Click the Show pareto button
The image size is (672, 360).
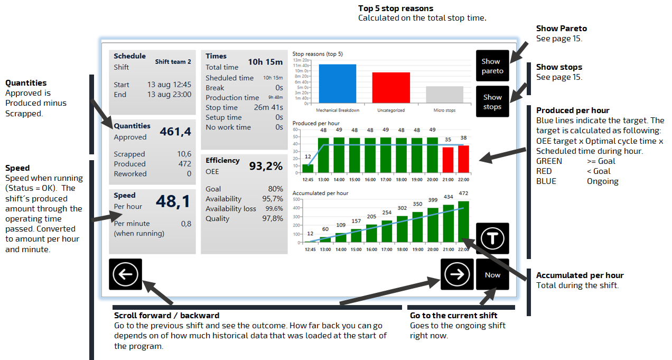(x=492, y=66)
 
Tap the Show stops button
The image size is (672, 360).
(x=492, y=101)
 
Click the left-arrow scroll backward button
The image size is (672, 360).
(x=125, y=274)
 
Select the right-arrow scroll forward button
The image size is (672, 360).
(x=456, y=274)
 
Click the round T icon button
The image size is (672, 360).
(x=492, y=238)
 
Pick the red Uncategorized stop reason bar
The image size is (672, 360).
(x=391, y=88)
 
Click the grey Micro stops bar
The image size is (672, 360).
(x=445, y=95)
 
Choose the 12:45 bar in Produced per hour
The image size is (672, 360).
(x=307, y=169)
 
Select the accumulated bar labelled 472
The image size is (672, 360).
(x=463, y=221)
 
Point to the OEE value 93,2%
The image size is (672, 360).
(x=266, y=167)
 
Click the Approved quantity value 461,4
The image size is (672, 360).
(x=175, y=132)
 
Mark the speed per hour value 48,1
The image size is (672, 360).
(x=173, y=201)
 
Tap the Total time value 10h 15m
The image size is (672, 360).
(x=265, y=62)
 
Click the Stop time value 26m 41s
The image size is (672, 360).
(x=268, y=107)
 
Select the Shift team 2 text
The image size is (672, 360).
(x=173, y=62)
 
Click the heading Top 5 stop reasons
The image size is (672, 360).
(x=396, y=8)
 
